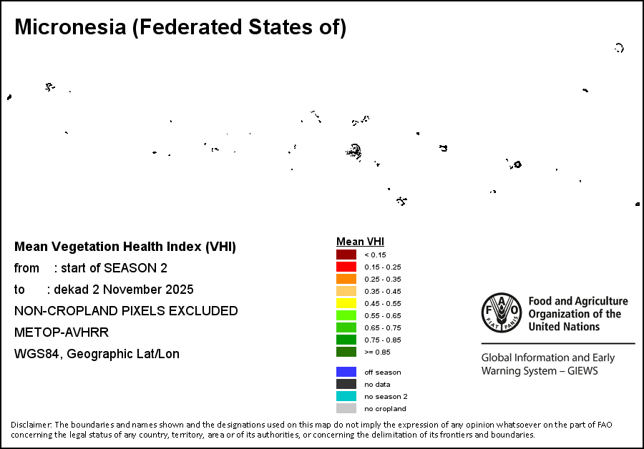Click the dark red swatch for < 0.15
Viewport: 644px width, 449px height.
click(x=346, y=255)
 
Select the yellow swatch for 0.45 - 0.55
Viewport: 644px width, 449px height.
click(x=346, y=303)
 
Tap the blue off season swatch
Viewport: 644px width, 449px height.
click(x=346, y=372)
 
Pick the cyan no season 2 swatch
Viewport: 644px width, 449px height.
click(x=346, y=396)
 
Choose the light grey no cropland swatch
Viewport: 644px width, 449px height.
click(x=346, y=408)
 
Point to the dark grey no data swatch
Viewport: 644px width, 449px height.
click(x=346, y=384)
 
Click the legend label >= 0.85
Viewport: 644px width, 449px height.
click(x=376, y=352)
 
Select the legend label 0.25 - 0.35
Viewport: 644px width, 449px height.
click(x=382, y=279)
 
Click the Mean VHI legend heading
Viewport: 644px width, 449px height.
click(x=360, y=242)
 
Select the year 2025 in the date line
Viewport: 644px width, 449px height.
click(x=178, y=290)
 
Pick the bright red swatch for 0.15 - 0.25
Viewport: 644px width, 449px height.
click(x=346, y=267)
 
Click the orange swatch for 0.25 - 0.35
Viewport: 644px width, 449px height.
click(x=346, y=279)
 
